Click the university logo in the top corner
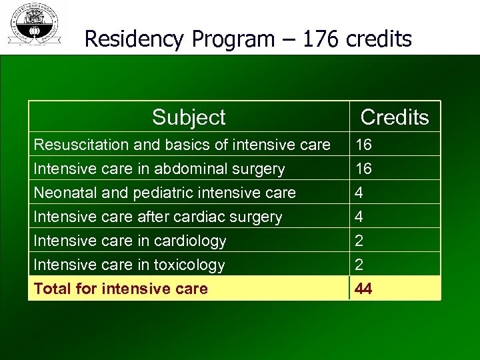[33, 25]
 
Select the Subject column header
[189, 117]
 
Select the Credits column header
[395, 117]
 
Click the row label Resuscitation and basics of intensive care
[182, 145]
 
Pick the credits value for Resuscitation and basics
[364, 145]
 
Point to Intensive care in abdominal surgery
[159, 169]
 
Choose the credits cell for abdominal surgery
[364, 169]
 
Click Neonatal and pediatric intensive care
[165, 193]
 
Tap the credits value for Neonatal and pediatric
[359, 193]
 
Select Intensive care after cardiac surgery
[158, 217]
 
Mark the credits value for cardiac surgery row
[359, 217]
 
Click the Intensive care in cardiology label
[130, 241]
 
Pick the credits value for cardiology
[359, 241]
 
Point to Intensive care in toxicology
[129, 265]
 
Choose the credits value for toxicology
[359, 265]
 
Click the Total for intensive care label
[121, 289]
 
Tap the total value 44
[364, 289]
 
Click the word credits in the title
[379, 39]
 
